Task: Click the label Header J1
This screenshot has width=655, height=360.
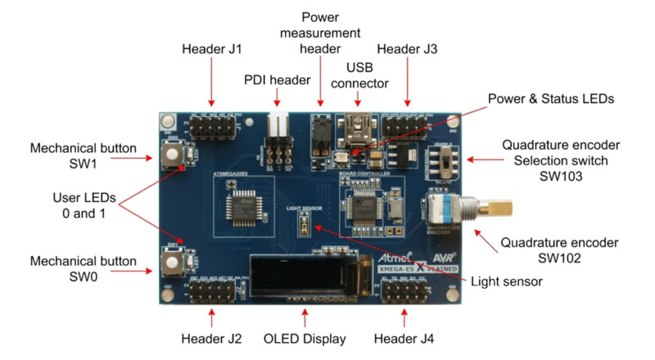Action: click(x=211, y=49)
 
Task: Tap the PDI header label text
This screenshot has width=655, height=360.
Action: click(x=278, y=79)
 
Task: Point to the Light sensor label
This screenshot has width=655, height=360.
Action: click(x=507, y=281)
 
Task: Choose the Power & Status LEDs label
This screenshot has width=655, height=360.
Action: click(x=550, y=99)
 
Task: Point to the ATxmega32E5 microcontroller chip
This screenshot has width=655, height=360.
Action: click(x=244, y=209)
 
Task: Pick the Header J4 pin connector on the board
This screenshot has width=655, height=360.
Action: click(x=403, y=293)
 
